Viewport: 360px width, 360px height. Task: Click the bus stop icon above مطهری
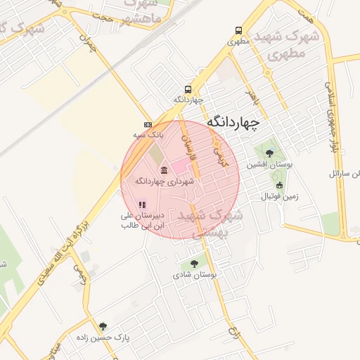click(239, 31)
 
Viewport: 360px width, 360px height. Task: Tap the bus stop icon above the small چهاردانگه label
click(188, 89)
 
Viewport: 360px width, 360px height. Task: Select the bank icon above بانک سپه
click(147, 123)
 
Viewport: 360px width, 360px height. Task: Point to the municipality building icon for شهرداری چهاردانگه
click(164, 170)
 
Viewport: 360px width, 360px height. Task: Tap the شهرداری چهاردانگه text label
click(164, 181)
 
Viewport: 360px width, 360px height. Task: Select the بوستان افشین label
click(262, 165)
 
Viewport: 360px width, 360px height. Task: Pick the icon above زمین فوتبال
click(279, 185)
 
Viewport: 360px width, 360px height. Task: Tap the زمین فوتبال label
click(281, 196)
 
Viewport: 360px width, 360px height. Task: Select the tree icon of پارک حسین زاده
click(103, 326)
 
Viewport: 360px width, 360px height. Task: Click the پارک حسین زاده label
click(103, 338)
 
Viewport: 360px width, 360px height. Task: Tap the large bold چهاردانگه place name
click(233, 122)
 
